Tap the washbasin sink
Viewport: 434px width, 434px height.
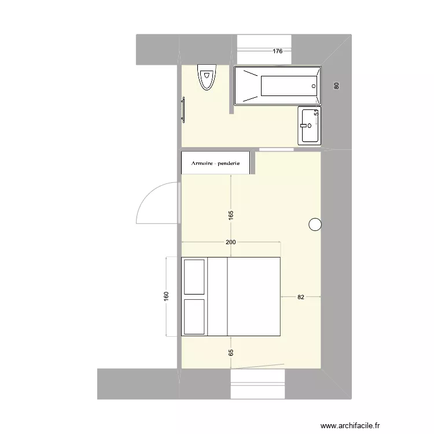(x=309, y=124)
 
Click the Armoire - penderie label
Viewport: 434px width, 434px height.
(x=215, y=163)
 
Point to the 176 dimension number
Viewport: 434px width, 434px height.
(x=278, y=52)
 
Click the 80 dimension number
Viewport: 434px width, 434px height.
(x=336, y=86)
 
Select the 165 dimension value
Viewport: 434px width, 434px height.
(x=231, y=215)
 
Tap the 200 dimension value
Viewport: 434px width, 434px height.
(x=231, y=242)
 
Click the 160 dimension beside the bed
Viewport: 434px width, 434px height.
(x=167, y=296)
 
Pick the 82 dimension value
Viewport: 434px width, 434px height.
(x=301, y=297)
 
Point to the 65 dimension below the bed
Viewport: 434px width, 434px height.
(x=231, y=351)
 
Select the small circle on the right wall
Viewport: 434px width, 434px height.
(x=315, y=225)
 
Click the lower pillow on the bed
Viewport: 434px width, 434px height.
(x=194, y=316)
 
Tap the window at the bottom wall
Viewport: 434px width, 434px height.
(x=258, y=384)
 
